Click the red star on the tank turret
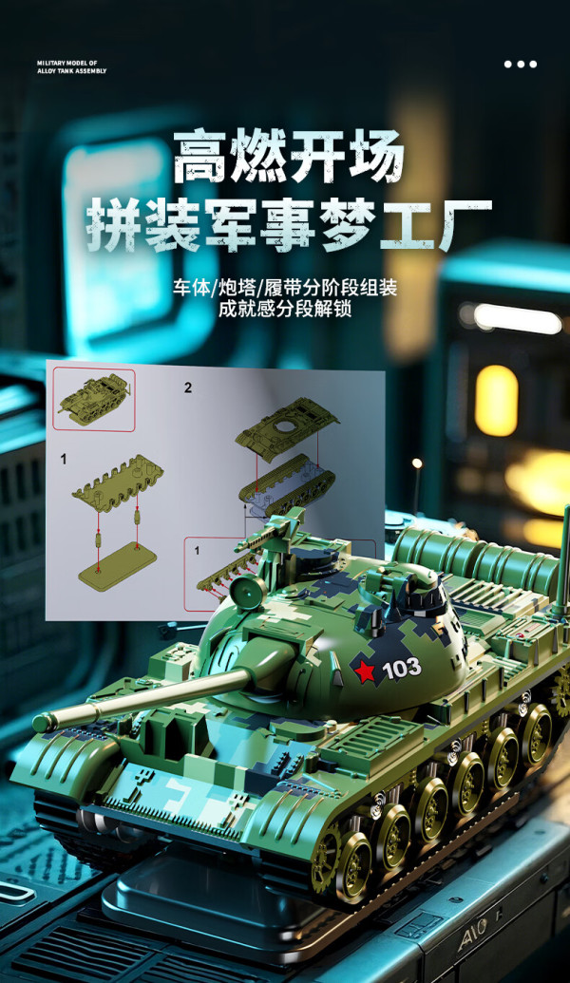click(364, 671)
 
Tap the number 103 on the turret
click(401, 669)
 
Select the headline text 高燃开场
click(288, 156)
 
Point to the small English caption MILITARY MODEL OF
click(67, 64)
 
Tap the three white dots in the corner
click(521, 64)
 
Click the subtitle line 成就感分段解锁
click(285, 309)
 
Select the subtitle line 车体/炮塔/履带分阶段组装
click(285, 289)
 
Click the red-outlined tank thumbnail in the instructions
click(93, 399)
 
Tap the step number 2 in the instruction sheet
click(188, 388)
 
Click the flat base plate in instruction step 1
click(117, 565)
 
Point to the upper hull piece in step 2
click(287, 427)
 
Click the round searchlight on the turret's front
click(248, 591)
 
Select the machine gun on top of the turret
click(271, 532)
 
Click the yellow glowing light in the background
click(496, 401)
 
